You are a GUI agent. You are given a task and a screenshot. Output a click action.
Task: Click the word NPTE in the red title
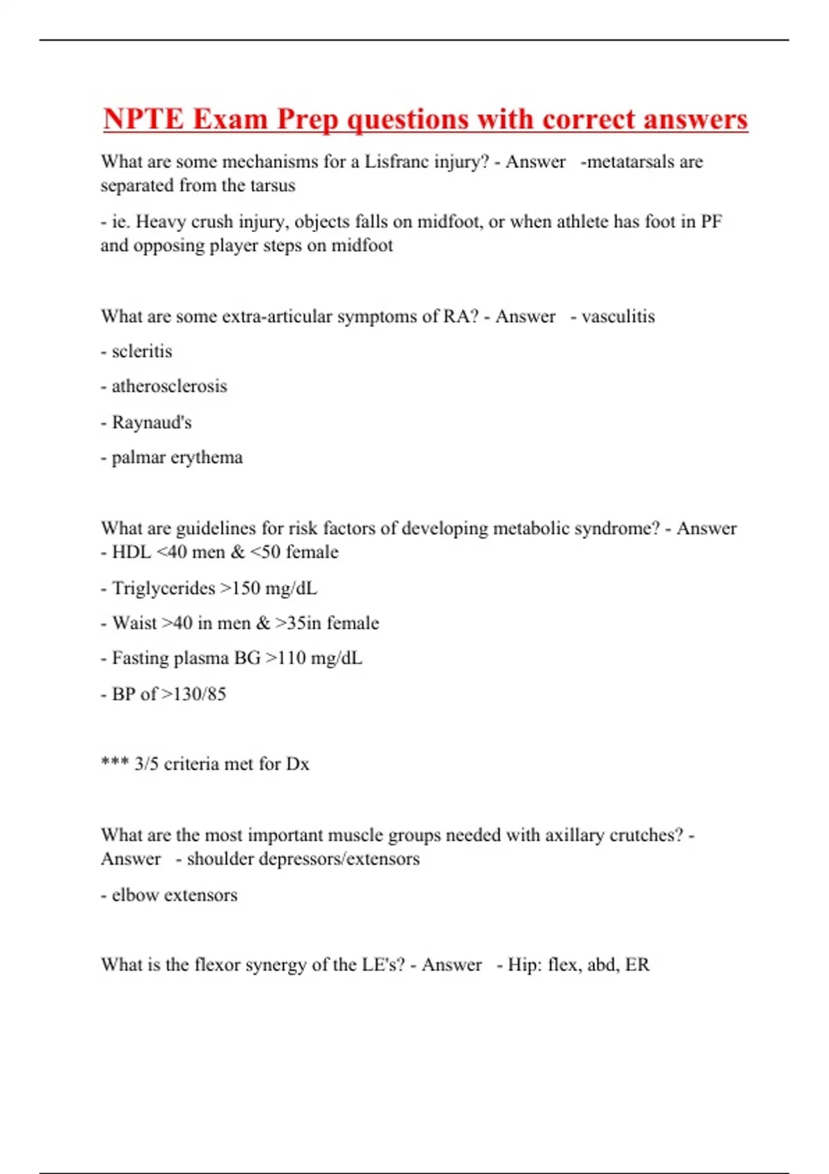tap(142, 119)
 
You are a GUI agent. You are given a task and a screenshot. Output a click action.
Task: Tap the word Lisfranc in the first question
tap(396, 162)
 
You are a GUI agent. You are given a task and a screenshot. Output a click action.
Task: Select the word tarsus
tap(273, 186)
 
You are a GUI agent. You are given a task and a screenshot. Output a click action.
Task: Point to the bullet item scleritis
tap(142, 352)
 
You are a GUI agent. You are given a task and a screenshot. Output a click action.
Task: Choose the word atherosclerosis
tap(169, 386)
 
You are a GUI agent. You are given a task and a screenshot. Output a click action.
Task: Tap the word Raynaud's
tap(151, 422)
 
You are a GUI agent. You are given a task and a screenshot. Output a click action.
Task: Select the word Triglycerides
tap(164, 588)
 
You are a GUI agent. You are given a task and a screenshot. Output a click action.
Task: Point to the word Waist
tap(135, 623)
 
